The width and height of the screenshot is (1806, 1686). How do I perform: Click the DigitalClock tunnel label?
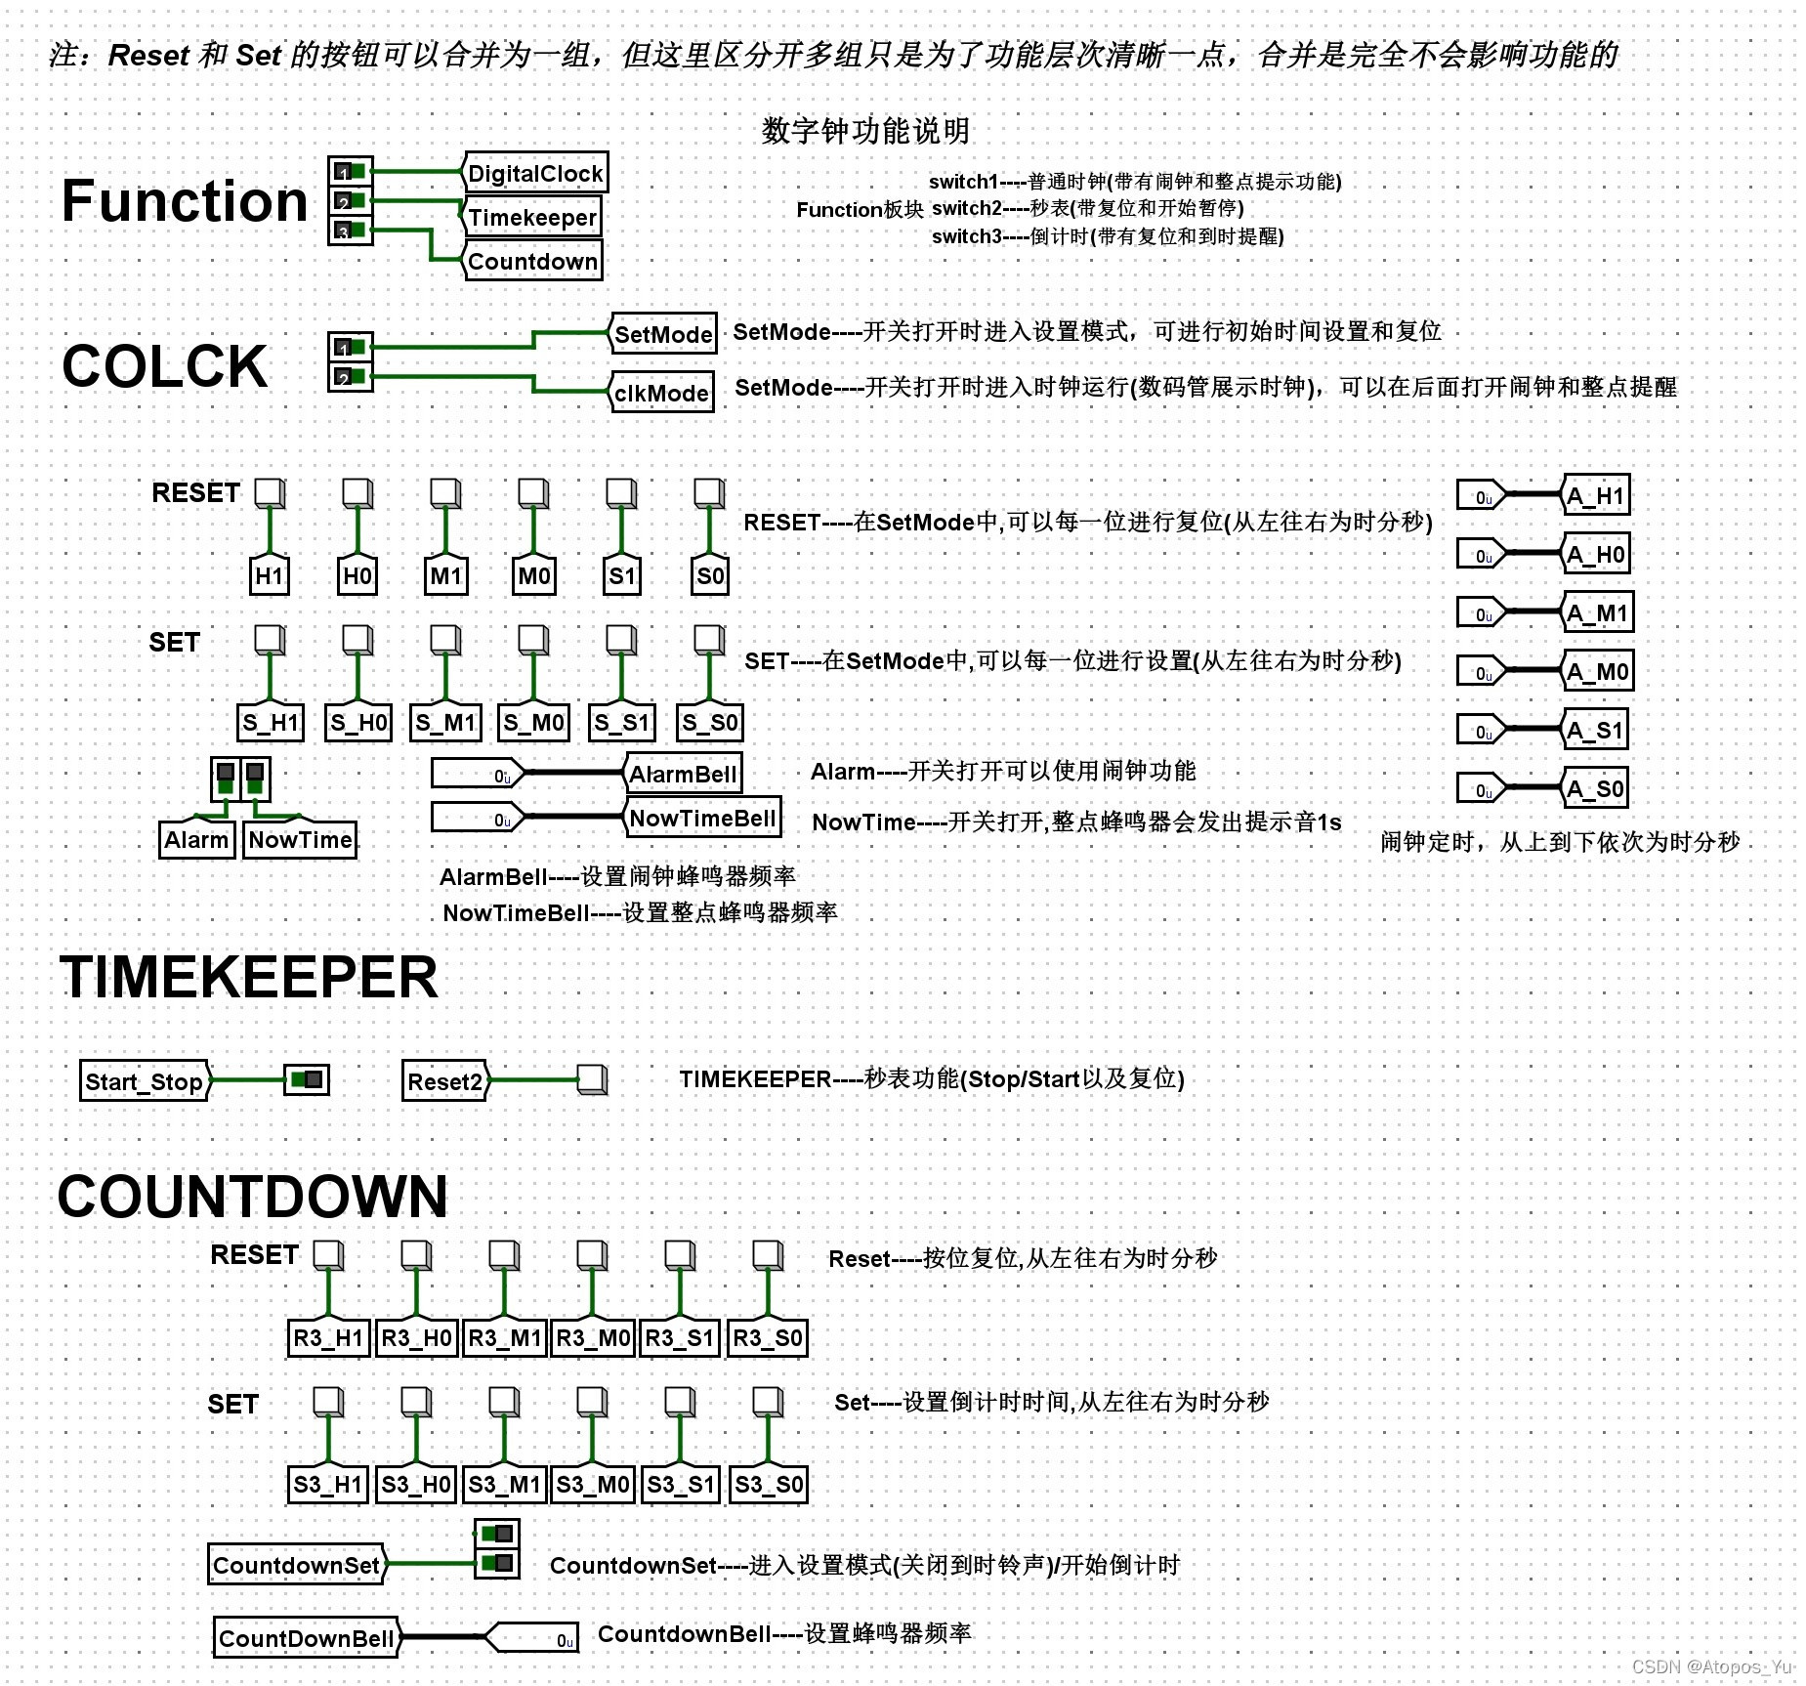[x=534, y=174]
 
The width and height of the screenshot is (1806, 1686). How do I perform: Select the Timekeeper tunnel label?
[x=531, y=218]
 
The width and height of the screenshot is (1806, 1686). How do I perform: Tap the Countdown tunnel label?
[x=532, y=262]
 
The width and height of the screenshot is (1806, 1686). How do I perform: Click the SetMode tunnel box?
[x=663, y=334]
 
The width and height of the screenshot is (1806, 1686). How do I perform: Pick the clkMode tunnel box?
[x=661, y=393]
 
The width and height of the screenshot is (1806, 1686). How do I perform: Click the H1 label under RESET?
[x=270, y=575]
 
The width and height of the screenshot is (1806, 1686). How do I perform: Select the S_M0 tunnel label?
[x=533, y=723]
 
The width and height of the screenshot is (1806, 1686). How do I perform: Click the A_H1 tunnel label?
[x=1595, y=496]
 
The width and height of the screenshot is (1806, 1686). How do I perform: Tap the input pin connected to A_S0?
[x=1482, y=789]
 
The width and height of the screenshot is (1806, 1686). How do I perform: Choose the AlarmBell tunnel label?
[x=682, y=774]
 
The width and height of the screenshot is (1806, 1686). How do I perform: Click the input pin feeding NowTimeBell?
[x=478, y=819]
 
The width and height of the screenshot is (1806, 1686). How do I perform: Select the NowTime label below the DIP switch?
[x=300, y=840]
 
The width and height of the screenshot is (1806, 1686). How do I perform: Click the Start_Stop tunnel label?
[x=145, y=1081]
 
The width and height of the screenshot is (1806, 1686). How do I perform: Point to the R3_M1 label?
[x=504, y=1338]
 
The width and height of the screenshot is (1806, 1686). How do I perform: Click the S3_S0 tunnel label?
[x=769, y=1485]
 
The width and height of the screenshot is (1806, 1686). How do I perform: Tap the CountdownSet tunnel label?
[x=296, y=1565]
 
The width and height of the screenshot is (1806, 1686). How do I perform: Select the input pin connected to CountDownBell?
[x=532, y=1638]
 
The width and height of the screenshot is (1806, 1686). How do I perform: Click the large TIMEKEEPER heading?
[x=249, y=977]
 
